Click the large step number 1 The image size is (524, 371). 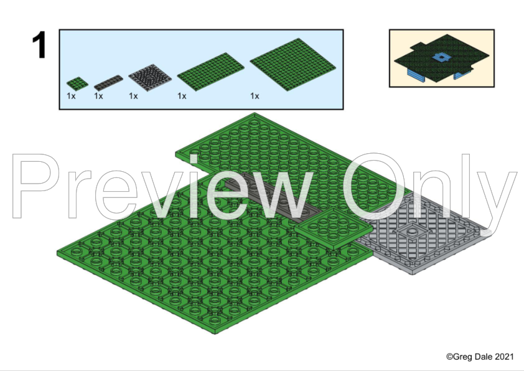tap(39, 45)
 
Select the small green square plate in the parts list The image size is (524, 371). tap(77, 83)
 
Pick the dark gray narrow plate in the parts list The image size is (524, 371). tap(108, 83)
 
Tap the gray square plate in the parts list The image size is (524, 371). tap(150, 77)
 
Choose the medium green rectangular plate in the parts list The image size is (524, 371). tap(210, 72)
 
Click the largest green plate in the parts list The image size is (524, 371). tap(292, 64)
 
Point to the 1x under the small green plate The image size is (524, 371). tap(71, 96)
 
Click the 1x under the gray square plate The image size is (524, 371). tap(133, 96)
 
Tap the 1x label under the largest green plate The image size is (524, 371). tap(255, 96)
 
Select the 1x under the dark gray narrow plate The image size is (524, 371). tap(98, 96)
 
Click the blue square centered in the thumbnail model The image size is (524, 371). tap(441, 57)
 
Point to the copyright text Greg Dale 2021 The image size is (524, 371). tap(480, 357)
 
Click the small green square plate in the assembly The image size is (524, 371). tap(334, 228)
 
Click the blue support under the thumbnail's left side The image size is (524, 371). tap(415, 75)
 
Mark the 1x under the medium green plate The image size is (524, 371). tap(182, 96)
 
